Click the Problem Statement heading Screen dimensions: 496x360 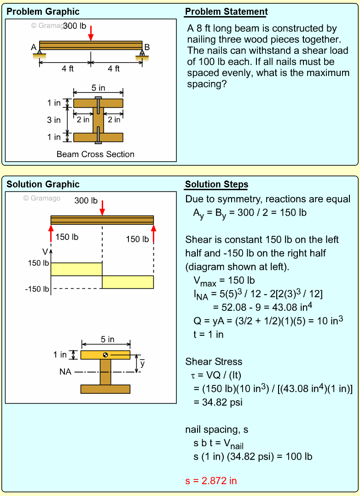(226, 12)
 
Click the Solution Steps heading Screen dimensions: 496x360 (216, 185)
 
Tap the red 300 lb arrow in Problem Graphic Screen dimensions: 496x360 (91, 32)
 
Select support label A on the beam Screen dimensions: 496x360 (34, 47)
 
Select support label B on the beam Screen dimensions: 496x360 (147, 47)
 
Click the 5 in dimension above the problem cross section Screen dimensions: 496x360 (98, 88)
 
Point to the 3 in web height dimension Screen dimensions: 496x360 (54, 120)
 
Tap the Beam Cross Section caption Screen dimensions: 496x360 (95, 154)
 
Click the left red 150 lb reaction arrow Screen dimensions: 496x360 (51, 233)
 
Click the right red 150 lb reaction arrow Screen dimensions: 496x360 (153, 233)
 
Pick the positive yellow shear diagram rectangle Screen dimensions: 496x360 (76, 269)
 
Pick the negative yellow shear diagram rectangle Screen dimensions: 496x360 (128, 282)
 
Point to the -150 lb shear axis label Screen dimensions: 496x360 (37, 289)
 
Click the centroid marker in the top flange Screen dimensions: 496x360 (105, 355)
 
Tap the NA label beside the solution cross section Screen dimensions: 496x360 (65, 372)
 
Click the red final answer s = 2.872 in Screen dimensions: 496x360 (211, 481)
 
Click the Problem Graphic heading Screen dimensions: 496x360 (43, 12)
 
